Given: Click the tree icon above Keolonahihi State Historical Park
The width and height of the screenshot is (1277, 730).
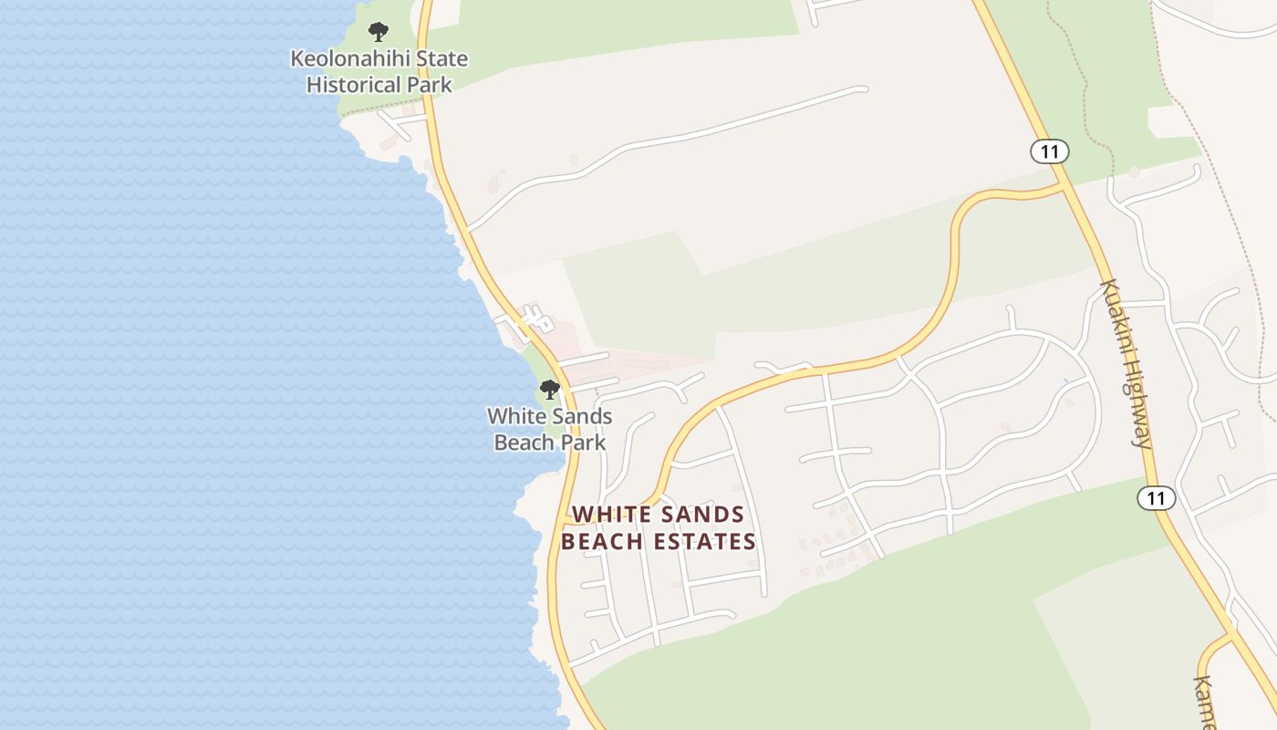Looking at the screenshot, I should (x=379, y=33).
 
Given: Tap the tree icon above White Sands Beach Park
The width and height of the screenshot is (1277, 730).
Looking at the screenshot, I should (x=549, y=391).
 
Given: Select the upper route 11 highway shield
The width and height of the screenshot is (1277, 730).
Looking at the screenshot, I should (x=1050, y=151).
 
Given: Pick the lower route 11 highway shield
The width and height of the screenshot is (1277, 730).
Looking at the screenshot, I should (x=1156, y=498).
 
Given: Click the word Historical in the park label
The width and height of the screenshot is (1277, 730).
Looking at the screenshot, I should (x=355, y=85).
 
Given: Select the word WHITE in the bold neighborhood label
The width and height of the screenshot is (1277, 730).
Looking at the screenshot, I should (x=609, y=515).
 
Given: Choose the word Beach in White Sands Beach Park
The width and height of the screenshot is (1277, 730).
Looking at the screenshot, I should (x=524, y=443).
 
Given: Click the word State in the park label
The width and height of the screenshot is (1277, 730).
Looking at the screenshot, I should (x=442, y=59).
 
